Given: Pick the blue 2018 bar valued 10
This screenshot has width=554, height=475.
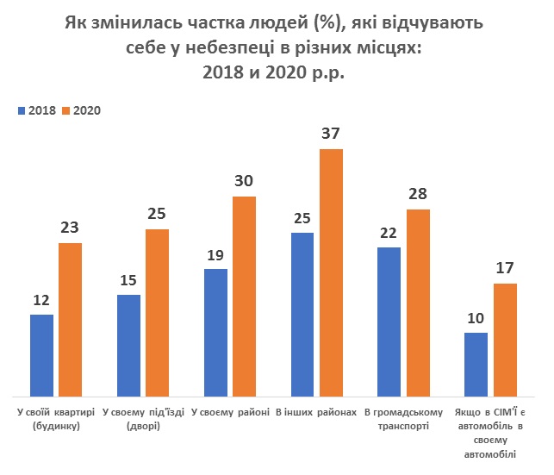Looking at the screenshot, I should point(476,363).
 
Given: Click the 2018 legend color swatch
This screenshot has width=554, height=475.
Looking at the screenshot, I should point(22,110).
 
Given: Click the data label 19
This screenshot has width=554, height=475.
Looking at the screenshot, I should point(215,255).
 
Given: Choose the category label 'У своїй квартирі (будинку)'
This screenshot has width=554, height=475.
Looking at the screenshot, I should point(55,420).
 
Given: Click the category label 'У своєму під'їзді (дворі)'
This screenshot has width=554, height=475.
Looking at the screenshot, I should point(143,420).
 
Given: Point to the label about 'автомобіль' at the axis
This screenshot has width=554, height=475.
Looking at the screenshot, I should point(492,434).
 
